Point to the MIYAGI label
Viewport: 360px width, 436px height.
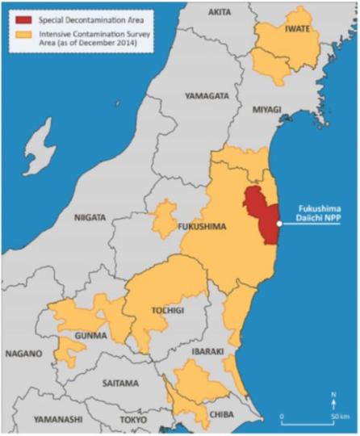pyautogui.click(x=269, y=108)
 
